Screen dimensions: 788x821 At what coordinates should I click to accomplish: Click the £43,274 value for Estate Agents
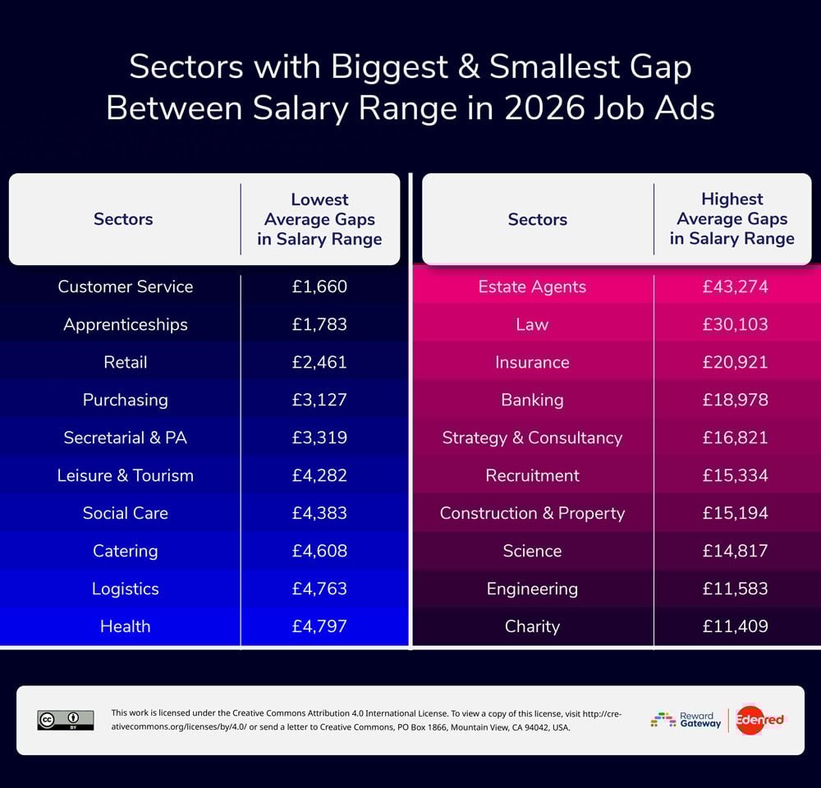pyautogui.click(x=735, y=286)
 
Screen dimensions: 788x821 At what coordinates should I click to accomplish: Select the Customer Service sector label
pyautogui.click(x=125, y=286)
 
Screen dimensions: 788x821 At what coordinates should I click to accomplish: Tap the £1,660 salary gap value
pyautogui.click(x=319, y=286)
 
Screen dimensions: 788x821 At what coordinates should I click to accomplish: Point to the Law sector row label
pyautogui.click(x=532, y=324)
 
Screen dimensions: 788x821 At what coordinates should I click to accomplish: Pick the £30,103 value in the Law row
pyautogui.click(x=735, y=324)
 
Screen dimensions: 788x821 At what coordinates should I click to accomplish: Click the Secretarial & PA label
pyautogui.click(x=125, y=438)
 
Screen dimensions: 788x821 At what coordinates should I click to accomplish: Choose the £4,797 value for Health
pyautogui.click(x=319, y=626)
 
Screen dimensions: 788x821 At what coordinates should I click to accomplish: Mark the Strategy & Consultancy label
pyautogui.click(x=532, y=438)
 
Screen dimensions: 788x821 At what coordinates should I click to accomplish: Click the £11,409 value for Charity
pyautogui.click(x=735, y=626)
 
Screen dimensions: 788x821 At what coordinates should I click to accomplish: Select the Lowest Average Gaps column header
pyautogui.click(x=319, y=219)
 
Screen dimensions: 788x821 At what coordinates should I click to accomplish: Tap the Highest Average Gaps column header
pyautogui.click(x=732, y=219)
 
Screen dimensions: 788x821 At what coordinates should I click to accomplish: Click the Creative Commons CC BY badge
pyautogui.click(x=66, y=720)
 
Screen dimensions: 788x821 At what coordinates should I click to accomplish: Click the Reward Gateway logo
pyautogui.click(x=686, y=720)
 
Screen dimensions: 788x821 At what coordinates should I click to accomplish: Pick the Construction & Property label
pyautogui.click(x=532, y=513)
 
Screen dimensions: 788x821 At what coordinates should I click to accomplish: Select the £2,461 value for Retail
pyautogui.click(x=319, y=362)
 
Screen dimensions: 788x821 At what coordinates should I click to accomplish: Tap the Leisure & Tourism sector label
pyautogui.click(x=125, y=475)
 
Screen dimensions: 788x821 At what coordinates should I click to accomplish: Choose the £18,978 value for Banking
pyautogui.click(x=735, y=400)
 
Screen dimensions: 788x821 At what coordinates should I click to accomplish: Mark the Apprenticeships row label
pyautogui.click(x=125, y=324)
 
